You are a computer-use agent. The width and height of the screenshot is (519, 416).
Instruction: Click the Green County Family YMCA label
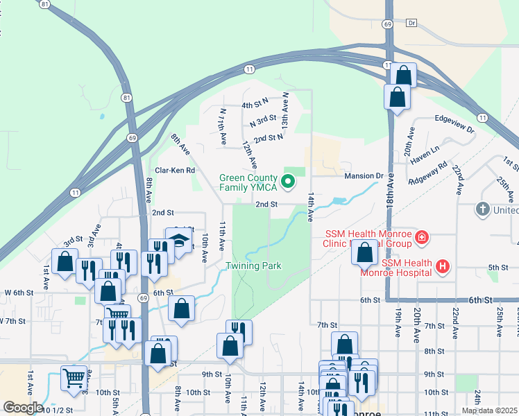[248, 182]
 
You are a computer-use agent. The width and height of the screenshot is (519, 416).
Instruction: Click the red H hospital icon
[442, 266]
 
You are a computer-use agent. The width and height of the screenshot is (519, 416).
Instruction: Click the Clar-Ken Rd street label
[175, 170]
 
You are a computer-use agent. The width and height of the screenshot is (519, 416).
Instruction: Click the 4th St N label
[255, 105]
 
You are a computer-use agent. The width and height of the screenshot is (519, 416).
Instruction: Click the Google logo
[22, 408]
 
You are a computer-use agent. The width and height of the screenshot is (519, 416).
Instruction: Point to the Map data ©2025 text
[489, 410]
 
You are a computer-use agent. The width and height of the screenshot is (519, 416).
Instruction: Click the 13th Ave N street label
[284, 109]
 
